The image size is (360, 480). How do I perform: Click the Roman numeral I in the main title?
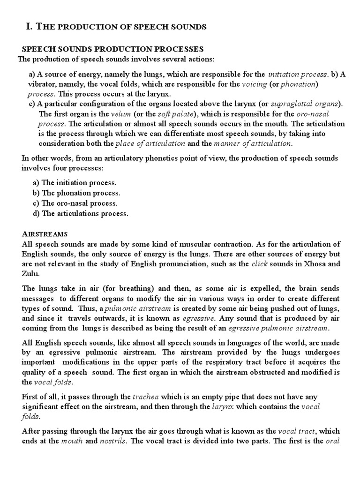tap(28, 27)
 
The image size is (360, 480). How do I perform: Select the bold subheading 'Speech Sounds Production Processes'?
tap(113, 49)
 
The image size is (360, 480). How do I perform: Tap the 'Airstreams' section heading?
tap(45, 233)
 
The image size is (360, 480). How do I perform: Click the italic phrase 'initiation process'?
tap(298, 74)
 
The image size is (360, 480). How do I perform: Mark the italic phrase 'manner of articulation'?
tap(253, 143)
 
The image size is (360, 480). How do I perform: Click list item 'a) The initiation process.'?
tap(75, 183)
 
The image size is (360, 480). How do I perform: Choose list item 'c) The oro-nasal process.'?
tap(75, 203)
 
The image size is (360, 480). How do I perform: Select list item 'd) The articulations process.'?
tap(80, 213)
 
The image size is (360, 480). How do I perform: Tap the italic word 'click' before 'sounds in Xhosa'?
tap(259, 264)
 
